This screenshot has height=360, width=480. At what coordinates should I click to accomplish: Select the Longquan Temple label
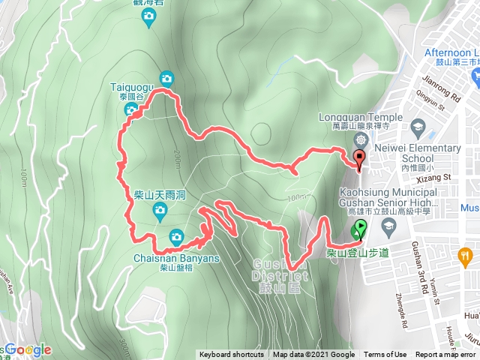(361, 116)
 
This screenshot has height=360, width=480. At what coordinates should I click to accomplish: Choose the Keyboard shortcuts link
(231, 355)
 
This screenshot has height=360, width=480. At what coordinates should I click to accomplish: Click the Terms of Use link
(385, 355)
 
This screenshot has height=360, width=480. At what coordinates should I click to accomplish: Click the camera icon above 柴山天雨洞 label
(159, 212)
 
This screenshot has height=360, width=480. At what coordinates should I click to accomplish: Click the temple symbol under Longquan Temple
(361, 140)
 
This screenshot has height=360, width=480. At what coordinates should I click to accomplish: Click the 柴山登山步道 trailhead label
(358, 253)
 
